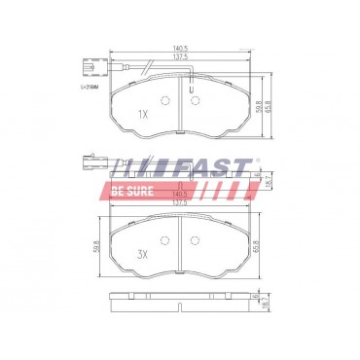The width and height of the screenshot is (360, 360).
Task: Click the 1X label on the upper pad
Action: coord(143,115)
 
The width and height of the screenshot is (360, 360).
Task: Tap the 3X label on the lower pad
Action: coord(142,255)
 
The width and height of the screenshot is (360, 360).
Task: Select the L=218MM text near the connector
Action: coord(89,87)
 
